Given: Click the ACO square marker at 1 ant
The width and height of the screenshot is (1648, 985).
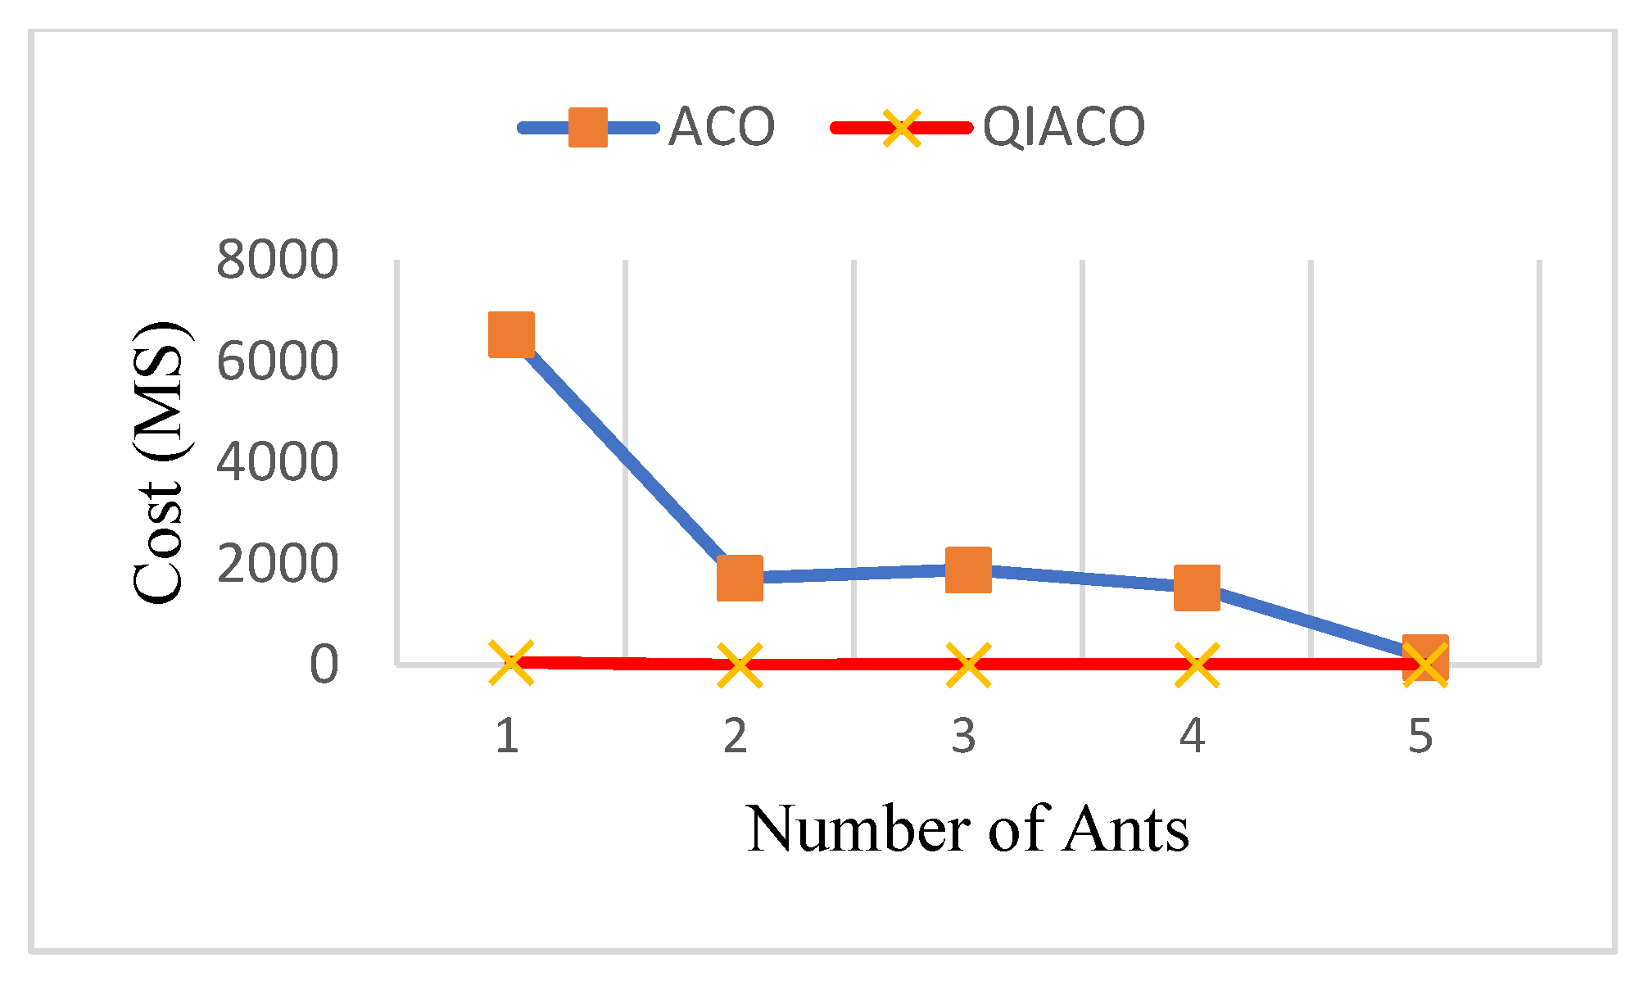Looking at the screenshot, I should click(x=511, y=334).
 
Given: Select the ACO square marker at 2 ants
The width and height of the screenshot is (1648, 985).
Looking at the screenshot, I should click(x=740, y=578).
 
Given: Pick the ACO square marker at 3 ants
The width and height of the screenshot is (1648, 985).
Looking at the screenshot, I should click(x=968, y=570).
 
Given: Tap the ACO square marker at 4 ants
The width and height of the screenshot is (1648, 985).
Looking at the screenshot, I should click(x=1197, y=588).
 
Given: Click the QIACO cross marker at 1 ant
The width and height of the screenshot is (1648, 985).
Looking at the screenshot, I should click(x=511, y=662).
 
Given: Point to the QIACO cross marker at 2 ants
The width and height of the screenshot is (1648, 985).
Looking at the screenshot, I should click(x=740, y=665).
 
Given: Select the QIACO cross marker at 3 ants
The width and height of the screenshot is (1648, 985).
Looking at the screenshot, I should click(x=968, y=664).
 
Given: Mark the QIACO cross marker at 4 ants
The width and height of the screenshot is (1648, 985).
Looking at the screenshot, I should click(x=1197, y=664).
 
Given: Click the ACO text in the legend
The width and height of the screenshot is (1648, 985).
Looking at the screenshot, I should click(x=721, y=128).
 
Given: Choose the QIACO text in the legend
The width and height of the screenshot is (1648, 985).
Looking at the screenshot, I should click(x=1062, y=128).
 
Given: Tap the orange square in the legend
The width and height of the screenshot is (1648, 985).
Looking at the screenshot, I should click(x=588, y=128).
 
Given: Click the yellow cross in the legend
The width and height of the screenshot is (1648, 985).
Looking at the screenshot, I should click(x=901, y=128).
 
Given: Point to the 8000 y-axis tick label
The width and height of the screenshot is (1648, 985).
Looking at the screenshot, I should click(x=277, y=261).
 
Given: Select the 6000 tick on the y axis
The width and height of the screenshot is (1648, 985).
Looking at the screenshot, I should click(x=277, y=361).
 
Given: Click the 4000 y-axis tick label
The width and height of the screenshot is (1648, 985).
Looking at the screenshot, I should click(x=277, y=462).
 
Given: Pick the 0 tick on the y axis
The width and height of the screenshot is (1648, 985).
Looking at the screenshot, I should click(x=324, y=664).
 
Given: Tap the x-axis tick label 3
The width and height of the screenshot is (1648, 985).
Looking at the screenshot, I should click(x=964, y=735).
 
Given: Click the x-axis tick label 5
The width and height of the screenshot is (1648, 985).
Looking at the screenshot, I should click(x=1421, y=735).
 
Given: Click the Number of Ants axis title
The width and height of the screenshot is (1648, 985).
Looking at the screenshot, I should click(x=967, y=829).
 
